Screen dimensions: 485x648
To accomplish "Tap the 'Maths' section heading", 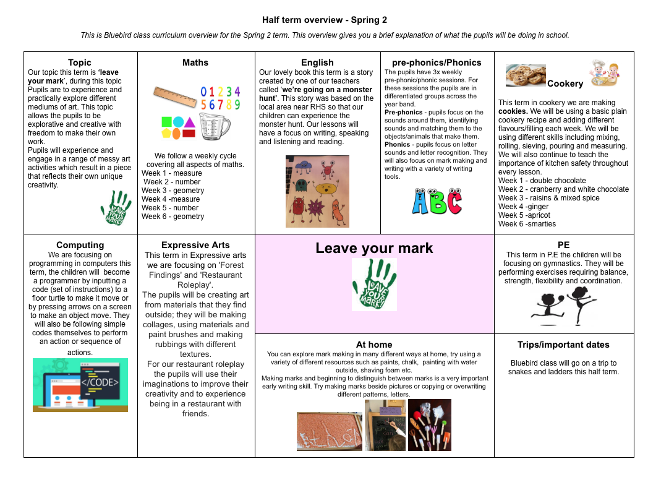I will click(x=195, y=62).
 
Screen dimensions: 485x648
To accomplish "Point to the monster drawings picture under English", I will click(x=317, y=191).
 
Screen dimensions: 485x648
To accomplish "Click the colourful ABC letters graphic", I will click(x=437, y=201).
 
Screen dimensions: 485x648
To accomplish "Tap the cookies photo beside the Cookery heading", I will click(x=526, y=75).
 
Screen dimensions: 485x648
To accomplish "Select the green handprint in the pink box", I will click(x=374, y=285).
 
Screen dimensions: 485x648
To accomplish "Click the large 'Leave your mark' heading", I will click(x=374, y=248).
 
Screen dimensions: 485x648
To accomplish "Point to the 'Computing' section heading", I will click(x=80, y=245).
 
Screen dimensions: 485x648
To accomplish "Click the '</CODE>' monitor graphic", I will click(x=80, y=385).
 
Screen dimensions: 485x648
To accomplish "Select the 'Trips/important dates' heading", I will click(x=563, y=345).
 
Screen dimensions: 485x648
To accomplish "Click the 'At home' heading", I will click(x=374, y=345).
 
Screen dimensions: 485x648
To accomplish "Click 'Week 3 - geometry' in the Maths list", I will click(x=173, y=191).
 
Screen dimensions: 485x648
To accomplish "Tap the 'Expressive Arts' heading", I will click(x=195, y=245).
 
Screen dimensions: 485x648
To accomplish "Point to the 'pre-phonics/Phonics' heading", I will click(x=437, y=62).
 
